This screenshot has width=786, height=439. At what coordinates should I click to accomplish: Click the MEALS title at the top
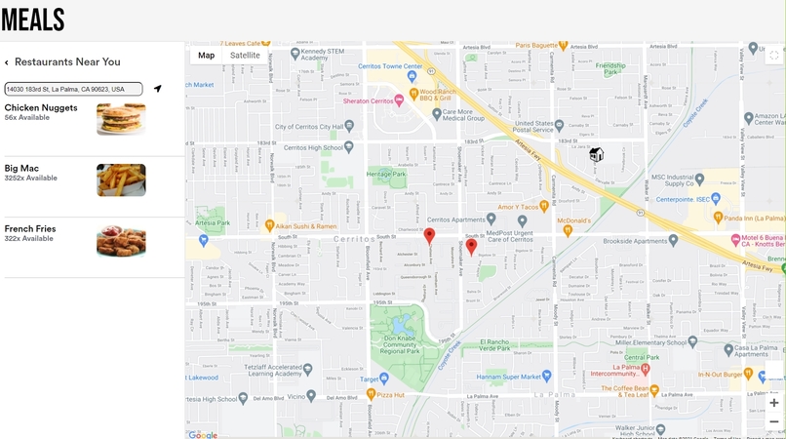[x=33, y=20]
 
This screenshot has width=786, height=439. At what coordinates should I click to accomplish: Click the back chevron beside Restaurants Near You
[x=7, y=62]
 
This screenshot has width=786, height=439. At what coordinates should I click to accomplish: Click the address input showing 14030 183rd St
[x=73, y=89]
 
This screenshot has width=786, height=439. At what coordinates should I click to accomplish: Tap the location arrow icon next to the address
[x=157, y=89]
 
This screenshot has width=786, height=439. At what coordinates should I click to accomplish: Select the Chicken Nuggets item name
[x=41, y=107]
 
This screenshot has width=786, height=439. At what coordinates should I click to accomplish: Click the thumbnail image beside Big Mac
[x=121, y=180]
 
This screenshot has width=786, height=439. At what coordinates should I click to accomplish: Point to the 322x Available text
[x=28, y=239]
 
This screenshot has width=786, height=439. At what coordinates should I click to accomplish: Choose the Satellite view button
[x=245, y=56]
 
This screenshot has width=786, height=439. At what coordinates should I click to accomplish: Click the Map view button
[x=206, y=56]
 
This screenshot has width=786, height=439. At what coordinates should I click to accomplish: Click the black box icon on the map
[x=596, y=155]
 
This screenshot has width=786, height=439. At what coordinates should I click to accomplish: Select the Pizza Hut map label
[x=390, y=394]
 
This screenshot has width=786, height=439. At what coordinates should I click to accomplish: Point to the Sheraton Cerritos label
[x=367, y=101]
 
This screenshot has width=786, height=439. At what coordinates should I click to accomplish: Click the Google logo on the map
[x=203, y=434]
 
